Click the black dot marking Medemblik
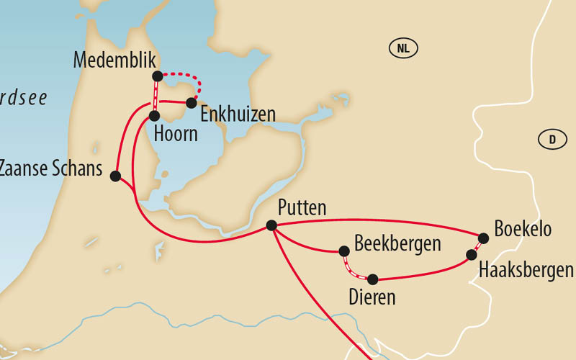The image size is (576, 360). pos(157,76)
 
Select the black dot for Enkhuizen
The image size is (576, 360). pos(191,103)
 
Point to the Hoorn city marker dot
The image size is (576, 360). pos(154,115)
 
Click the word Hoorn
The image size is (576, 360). pos(176,134)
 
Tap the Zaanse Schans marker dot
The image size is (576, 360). pos(115,175)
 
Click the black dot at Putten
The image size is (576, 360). pos(271,225)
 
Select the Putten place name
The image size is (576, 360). pos(302,208)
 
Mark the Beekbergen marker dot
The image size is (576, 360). pos(344,251)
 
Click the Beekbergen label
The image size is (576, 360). pos(397,243)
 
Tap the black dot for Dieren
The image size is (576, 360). pos(373,279)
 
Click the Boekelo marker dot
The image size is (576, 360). pos(483,238)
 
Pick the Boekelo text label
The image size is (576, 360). pos(523,229)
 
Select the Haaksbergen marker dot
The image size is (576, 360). pos(472,255)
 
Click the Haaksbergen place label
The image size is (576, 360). pos(526,271)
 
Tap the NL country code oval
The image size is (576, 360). pos(404,49)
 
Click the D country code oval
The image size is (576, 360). pos(552,140)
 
